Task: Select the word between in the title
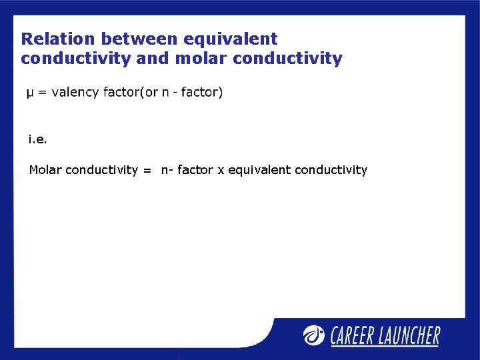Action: [138, 39]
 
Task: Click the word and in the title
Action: [153, 59]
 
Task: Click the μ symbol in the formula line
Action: [30, 93]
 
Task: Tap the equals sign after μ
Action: [42, 93]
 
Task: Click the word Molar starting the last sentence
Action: [45, 170]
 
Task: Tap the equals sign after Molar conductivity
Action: [147, 171]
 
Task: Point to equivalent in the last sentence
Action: [259, 170]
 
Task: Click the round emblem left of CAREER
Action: [314, 334]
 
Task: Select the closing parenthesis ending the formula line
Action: [221, 92]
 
